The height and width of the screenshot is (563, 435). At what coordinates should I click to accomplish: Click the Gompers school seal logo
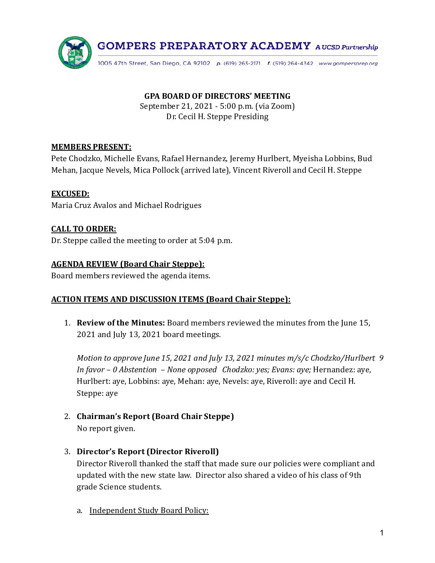pos(75,53)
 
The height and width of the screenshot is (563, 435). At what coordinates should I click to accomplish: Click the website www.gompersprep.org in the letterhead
pos(348,64)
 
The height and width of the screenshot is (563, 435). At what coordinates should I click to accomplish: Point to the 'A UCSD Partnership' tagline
pos(346,47)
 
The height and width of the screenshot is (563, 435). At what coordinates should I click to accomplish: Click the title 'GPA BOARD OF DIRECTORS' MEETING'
pos(217,96)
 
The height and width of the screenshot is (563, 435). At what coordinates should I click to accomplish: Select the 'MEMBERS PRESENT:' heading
pos(91,147)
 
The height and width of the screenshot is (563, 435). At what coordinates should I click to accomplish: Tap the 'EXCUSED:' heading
pos(70,194)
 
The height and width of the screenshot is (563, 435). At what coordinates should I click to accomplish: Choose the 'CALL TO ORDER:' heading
pos(84,229)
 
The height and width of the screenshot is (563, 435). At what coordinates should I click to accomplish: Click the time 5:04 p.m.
pos(215,241)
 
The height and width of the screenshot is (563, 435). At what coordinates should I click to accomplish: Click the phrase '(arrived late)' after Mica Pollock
pos(206,170)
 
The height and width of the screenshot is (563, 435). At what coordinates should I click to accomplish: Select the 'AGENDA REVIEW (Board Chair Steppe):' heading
pos(128,264)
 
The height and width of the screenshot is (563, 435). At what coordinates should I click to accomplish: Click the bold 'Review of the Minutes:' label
pos(121,323)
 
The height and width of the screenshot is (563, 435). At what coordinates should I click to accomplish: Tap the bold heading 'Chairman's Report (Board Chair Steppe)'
pos(155,416)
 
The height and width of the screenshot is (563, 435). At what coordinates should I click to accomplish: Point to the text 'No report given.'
pos(106,429)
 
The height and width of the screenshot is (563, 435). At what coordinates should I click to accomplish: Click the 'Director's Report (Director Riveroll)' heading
pos(148,451)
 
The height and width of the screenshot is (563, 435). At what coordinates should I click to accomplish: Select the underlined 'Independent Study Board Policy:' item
pos(149,510)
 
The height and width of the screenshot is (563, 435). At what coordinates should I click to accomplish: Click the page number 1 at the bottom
pos(382,533)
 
